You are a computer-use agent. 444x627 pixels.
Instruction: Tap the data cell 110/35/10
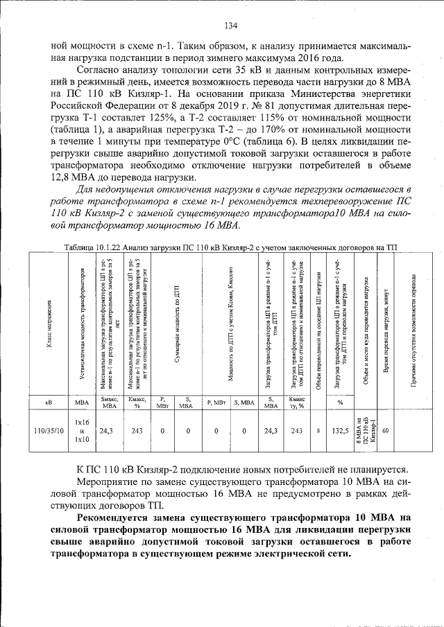point(50,430)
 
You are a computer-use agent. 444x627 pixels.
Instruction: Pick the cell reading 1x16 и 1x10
point(82,430)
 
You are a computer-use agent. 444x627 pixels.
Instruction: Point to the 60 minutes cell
point(386,430)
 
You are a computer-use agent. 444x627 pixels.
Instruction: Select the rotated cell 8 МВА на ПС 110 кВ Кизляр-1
point(365,430)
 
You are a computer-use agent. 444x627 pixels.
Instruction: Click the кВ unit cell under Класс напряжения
point(50,402)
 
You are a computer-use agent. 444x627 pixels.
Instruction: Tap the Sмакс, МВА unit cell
point(108,402)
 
